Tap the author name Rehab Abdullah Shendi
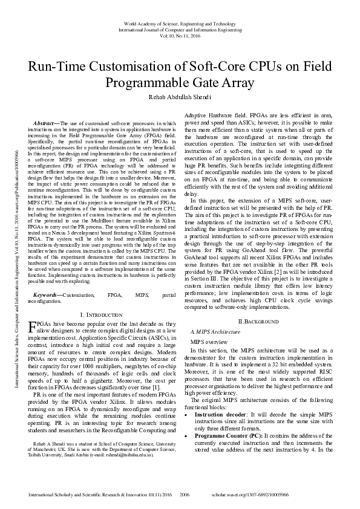[x=180, y=97]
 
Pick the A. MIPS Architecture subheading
[x=212, y=332]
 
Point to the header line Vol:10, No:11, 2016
[x=180, y=36]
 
